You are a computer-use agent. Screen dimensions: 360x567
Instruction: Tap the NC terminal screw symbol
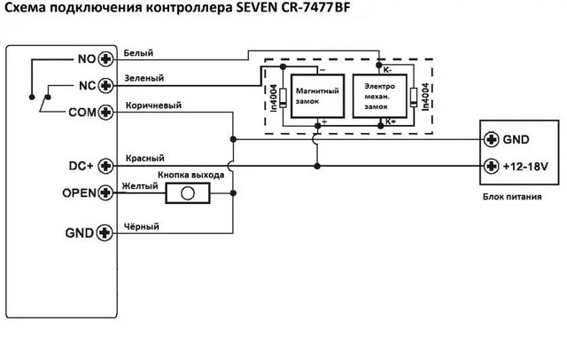click(106, 85)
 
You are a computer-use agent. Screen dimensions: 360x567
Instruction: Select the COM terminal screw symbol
click(106, 112)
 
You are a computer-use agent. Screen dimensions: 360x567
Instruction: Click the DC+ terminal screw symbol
click(106, 165)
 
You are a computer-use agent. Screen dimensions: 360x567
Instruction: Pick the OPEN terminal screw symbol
click(106, 192)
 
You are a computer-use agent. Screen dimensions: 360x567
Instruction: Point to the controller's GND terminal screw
click(106, 232)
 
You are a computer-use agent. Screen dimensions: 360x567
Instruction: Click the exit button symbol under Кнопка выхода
click(187, 192)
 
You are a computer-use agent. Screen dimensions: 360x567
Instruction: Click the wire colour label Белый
click(138, 52)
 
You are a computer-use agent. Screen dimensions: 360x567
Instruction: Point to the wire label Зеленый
click(143, 79)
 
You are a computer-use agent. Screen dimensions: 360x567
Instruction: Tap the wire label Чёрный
click(142, 226)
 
